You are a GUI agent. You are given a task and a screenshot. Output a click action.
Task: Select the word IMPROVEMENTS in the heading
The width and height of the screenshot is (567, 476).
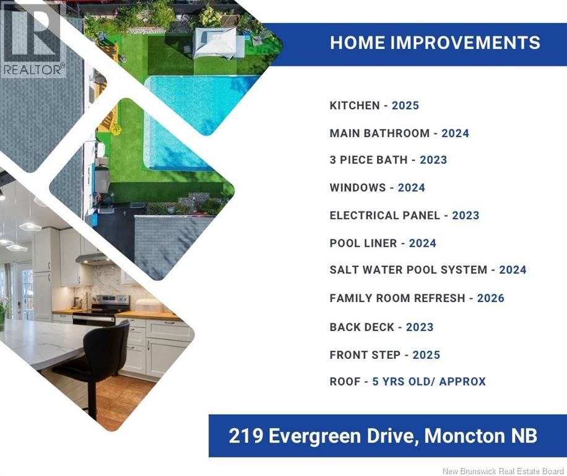[x=465, y=43]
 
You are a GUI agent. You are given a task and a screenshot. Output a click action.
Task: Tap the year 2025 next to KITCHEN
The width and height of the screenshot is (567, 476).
[x=405, y=105]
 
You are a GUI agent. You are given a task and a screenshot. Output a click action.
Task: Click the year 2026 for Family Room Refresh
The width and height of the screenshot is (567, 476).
[x=491, y=298]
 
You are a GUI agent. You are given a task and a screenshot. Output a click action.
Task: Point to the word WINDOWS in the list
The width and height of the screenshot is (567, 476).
[x=358, y=188]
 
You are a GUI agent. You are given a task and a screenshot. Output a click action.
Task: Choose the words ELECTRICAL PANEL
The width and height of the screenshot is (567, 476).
[x=385, y=215]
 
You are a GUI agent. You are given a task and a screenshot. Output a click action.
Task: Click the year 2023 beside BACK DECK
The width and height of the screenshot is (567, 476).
[x=420, y=327]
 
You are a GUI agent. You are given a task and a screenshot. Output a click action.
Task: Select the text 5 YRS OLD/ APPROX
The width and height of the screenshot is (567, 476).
[x=429, y=382]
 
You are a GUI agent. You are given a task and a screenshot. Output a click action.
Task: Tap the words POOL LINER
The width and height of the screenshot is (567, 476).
[x=363, y=243]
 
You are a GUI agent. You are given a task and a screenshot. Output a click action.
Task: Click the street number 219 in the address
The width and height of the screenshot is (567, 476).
[x=246, y=436]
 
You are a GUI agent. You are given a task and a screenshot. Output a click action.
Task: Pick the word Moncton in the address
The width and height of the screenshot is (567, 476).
[x=464, y=436]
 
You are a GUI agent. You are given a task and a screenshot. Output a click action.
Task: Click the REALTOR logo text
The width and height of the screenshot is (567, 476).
[x=34, y=69]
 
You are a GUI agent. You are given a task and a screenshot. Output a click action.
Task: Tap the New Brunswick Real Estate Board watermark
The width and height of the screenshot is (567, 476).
[x=503, y=471]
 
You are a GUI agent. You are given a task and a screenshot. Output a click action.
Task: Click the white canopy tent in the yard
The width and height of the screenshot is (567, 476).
[x=215, y=43]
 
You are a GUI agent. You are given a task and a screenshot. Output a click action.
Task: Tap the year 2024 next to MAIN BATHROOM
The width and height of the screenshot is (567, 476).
[x=455, y=133]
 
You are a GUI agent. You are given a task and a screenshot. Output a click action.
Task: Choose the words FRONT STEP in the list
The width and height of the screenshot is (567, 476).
[x=365, y=355]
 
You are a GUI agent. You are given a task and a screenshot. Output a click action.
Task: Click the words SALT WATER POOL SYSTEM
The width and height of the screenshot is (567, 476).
[x=409, y=270]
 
